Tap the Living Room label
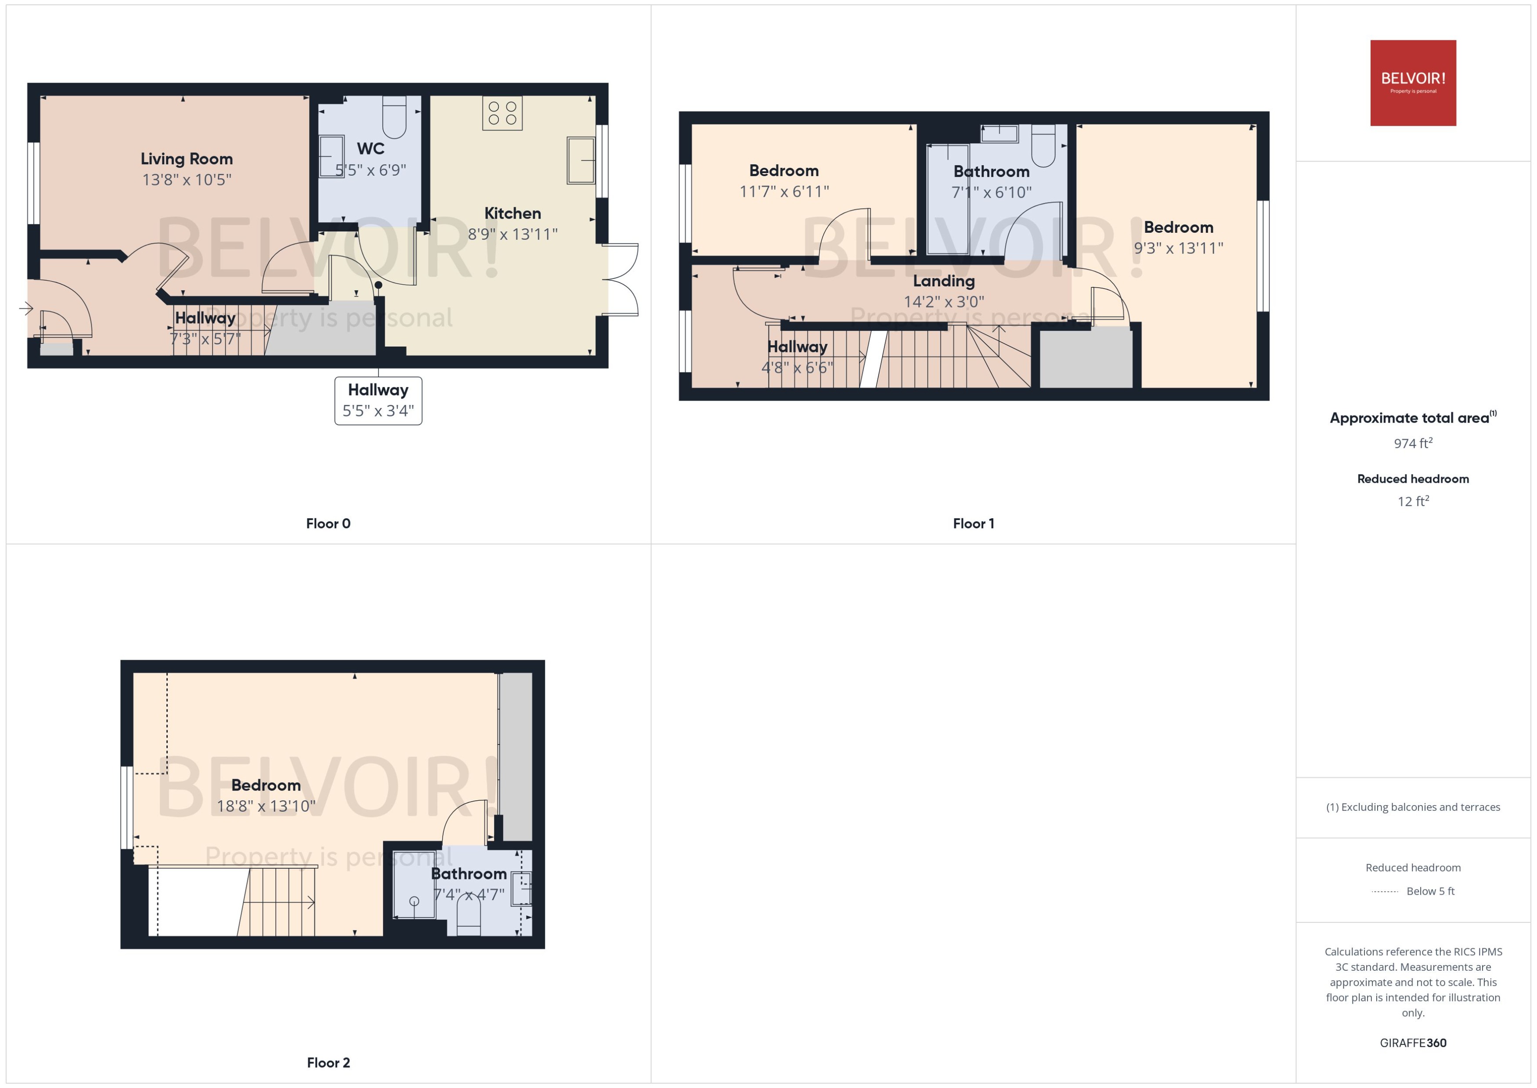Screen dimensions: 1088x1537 [x=187, y=159]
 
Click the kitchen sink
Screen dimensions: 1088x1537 [x=581, y=160]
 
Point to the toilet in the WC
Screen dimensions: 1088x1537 [x=394, y=117]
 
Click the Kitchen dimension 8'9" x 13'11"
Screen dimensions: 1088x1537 [x=512, y=235]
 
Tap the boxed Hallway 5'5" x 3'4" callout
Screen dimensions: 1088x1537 [x=379, y=401]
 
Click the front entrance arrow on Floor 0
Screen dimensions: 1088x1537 [x=26, y=309]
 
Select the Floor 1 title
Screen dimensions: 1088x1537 [x=973, y=524]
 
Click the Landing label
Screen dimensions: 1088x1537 [x=944, y=282]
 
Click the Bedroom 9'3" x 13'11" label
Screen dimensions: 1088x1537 [x=1178, y=228]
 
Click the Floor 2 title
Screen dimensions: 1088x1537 [x=328, y=1063]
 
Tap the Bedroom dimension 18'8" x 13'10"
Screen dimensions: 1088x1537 [x=266, y=806]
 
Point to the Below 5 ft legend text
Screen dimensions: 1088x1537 [x=1431, y=892]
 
